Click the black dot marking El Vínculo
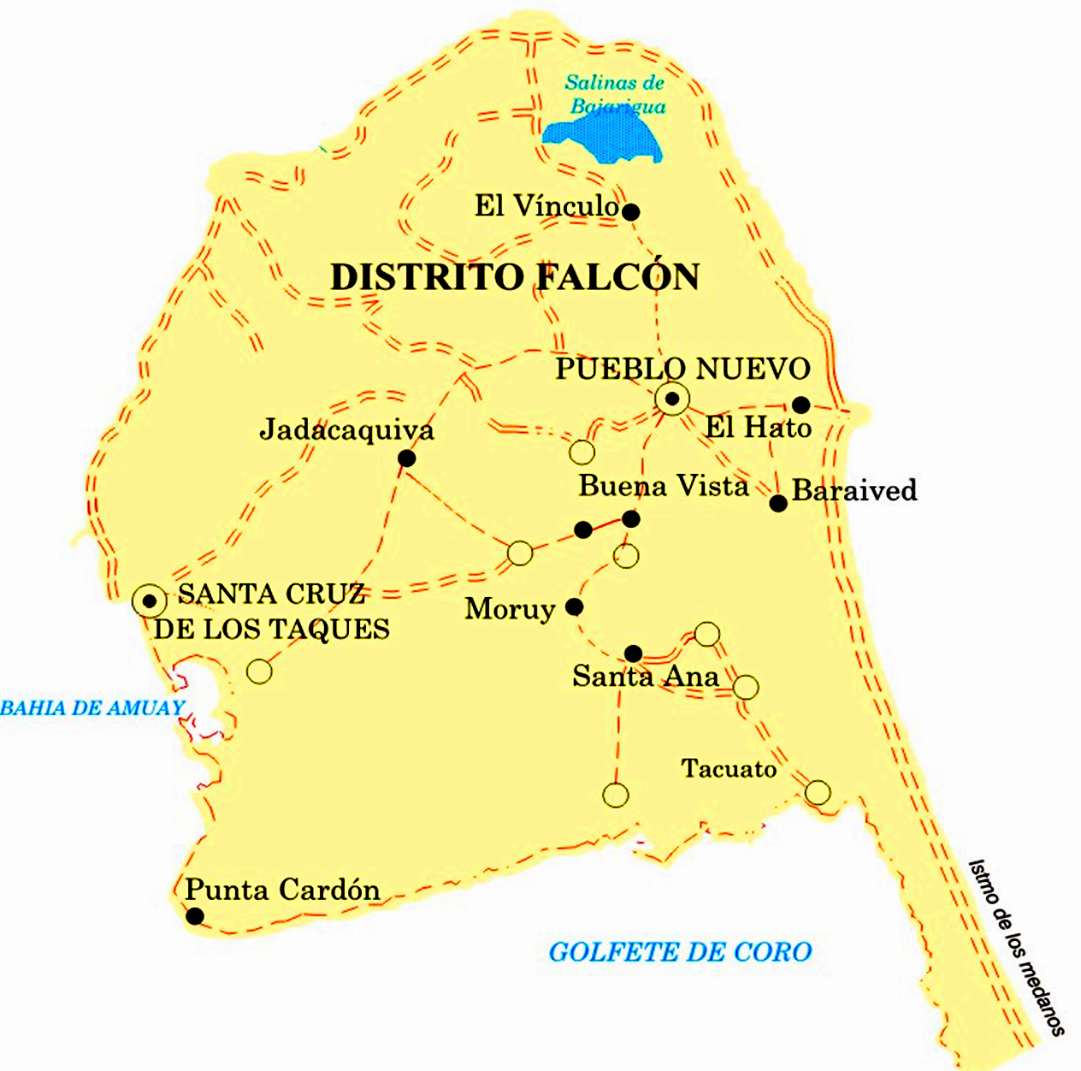630,212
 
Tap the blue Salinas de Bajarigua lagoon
603,139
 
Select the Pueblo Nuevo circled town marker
673,399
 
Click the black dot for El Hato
800,405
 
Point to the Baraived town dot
778,503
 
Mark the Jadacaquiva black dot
407,459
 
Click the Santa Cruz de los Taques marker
150,601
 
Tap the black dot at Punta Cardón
195,916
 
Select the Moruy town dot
575,607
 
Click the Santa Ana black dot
633,654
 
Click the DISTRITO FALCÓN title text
515,277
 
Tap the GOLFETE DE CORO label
680,952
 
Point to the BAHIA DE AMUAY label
92,708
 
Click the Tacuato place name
729,769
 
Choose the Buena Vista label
664,486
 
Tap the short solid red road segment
607,524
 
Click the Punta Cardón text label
282,890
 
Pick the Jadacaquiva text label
346,429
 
